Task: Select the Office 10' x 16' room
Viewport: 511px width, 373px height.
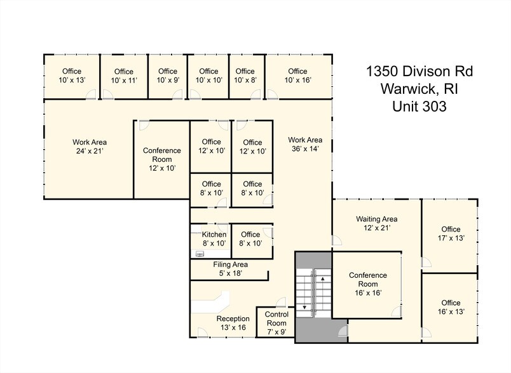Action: (297, 75)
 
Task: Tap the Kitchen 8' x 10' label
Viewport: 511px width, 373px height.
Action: (214, 239)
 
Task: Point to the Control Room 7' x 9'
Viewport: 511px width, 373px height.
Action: (276, 324)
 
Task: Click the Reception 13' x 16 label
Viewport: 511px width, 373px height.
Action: (233, 323)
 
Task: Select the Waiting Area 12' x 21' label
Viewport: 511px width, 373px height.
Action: (376, 223)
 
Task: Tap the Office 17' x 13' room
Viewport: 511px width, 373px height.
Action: (451, 233)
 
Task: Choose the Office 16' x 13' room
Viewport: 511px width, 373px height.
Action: (451, 307)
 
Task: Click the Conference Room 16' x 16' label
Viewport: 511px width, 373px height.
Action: (368, 284)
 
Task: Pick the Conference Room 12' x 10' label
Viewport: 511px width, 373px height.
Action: (161, 159)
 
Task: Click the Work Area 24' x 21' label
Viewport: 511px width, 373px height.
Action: (89, 147)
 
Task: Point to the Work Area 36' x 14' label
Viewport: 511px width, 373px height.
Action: (305, 144)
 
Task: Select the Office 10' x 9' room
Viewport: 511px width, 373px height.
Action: (168, 75)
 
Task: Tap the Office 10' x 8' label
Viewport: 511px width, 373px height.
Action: (244, 75)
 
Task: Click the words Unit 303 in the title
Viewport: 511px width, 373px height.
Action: (419, 107)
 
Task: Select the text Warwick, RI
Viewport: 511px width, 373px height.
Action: (418, 89)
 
